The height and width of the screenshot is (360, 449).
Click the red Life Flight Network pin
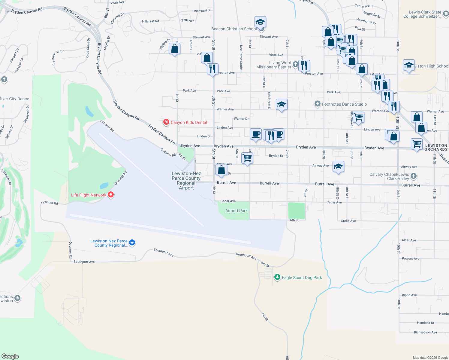coord(111,195)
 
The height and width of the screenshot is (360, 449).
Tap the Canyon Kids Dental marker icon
coord(166,122)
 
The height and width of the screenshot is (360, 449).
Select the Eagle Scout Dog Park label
coord(302,277)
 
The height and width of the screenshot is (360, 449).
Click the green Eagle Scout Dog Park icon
coord(277,277)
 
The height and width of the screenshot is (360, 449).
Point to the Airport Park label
coord(237,211)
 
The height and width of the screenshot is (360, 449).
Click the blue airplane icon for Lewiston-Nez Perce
coord(132,243)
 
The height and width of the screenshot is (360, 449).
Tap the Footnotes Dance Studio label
coord(344,104)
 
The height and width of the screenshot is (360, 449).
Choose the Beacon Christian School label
coord(234,29)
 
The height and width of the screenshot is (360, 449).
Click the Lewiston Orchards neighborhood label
coord(436,147)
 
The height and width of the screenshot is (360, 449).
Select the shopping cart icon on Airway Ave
coord(247,157)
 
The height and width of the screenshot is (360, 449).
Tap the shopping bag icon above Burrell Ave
coord(221,170)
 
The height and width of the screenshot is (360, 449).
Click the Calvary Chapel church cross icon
coord(414,176)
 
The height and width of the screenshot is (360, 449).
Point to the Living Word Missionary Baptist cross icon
coord(295,64)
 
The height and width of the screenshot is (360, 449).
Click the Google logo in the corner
coord(10,356)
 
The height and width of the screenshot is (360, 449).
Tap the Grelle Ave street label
coord(348,221)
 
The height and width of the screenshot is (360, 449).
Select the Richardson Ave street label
coord(425,332)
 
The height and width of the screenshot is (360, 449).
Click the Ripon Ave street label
coord(409,295)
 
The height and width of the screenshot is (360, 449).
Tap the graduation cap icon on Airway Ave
coord(338,166)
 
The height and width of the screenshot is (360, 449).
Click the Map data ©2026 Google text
coord(430,358)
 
